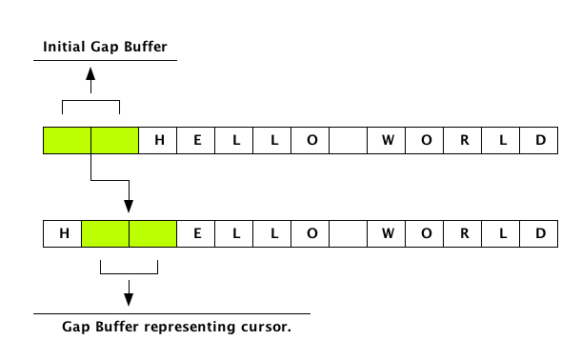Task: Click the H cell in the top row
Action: tap(162, 141)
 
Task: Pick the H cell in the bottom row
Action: tap(64, 233)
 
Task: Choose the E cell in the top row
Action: tap(198, 141)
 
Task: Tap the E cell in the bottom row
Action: tap(198, 233)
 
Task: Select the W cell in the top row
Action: tap(388, 141)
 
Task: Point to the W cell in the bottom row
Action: tap(388, 233)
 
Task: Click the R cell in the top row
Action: tap(464, 141)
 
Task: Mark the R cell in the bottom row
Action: tap(464, 233)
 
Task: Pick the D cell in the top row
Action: tap(540, 141)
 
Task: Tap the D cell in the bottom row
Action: tap(540, 233)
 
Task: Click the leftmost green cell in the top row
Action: tap(68, 141)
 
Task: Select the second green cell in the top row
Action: tap(115, 141)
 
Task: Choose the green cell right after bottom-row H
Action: tap(106, 233)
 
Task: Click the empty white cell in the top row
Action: tap(349, 141)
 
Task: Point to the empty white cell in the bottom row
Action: tap(349, 233)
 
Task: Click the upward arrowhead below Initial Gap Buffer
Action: tap(91, 72)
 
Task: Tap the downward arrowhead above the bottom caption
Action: tap(129, 300)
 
